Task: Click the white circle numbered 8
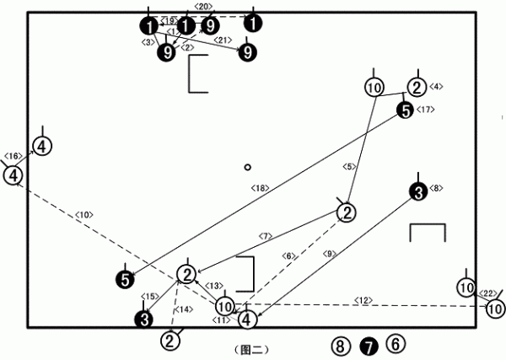point(339,345)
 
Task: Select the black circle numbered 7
point(368,345)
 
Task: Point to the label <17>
point(425,110)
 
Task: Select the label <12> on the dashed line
point(363,300)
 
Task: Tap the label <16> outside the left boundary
point(13,156)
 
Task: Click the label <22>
point(487,293)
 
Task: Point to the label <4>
point(436,86)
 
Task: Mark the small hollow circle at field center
point(247,167)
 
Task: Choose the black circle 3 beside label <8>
point(416,192)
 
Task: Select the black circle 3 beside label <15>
point(144,319)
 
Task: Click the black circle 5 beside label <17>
point(405,110)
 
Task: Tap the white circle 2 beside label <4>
point(417,87)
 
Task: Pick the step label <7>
point(266,236)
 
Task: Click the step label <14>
point(181,311)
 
